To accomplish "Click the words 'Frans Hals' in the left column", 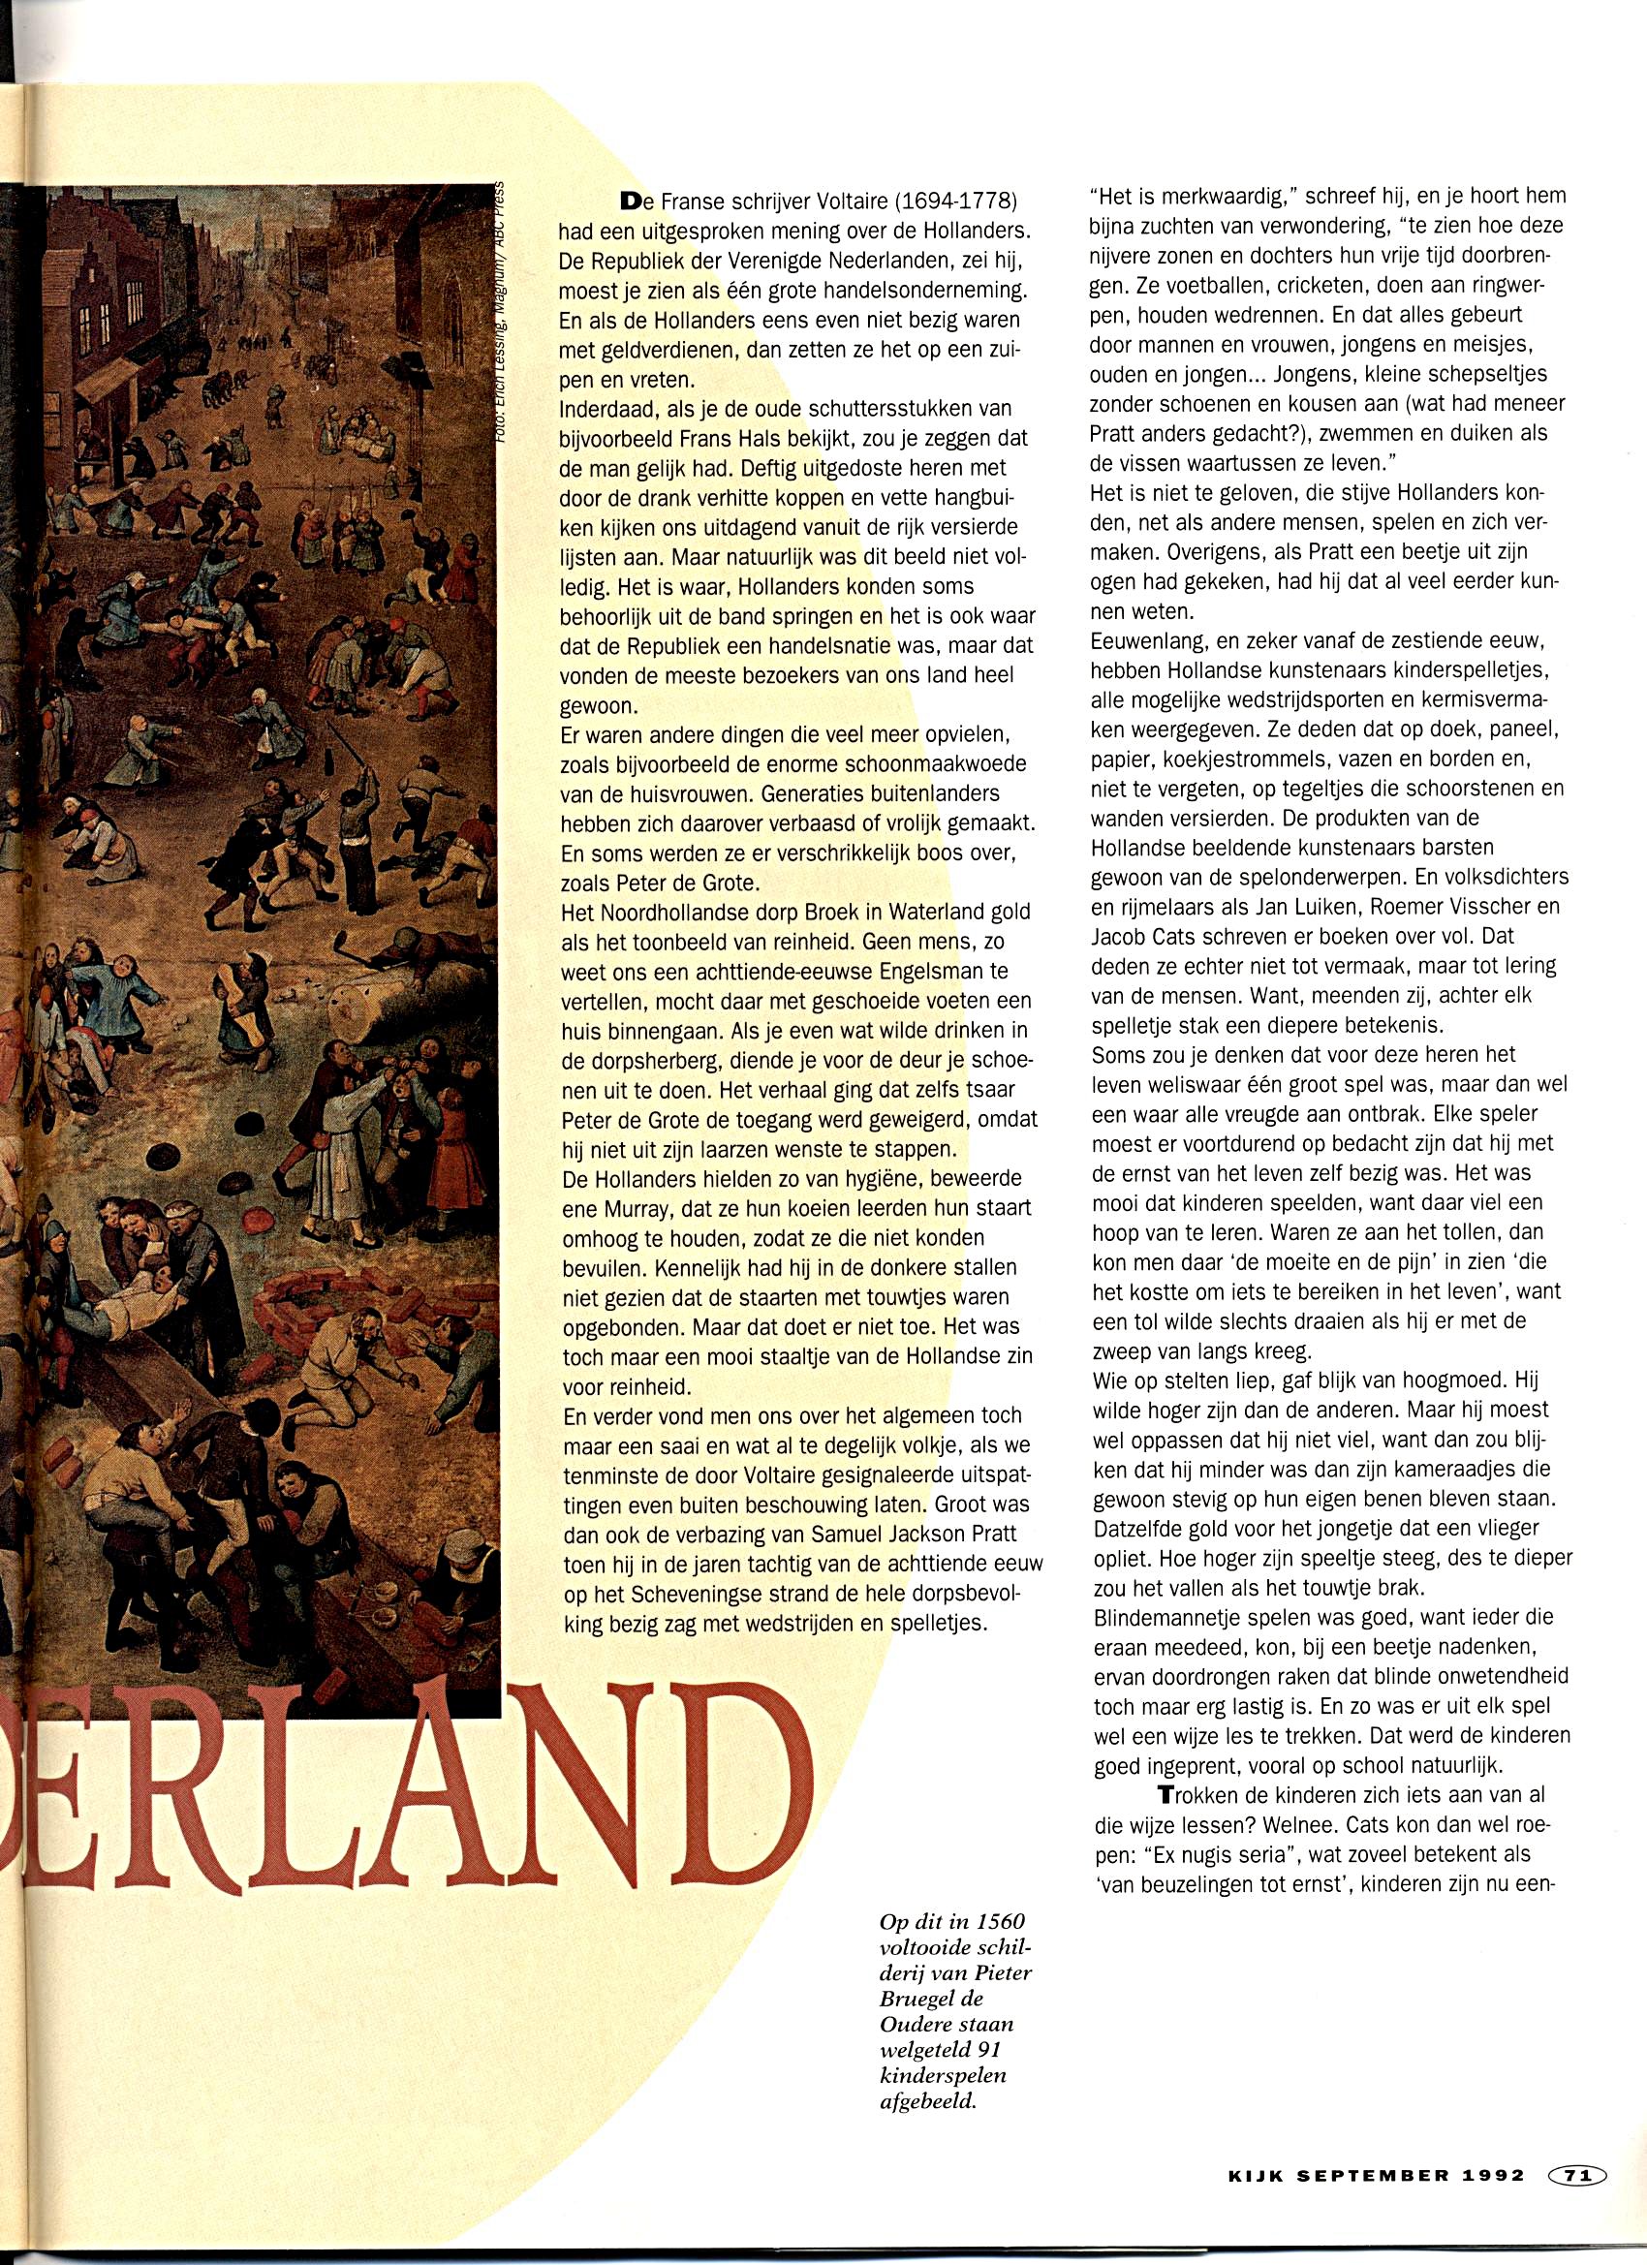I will pyautogui.click(x=713, y=439).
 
